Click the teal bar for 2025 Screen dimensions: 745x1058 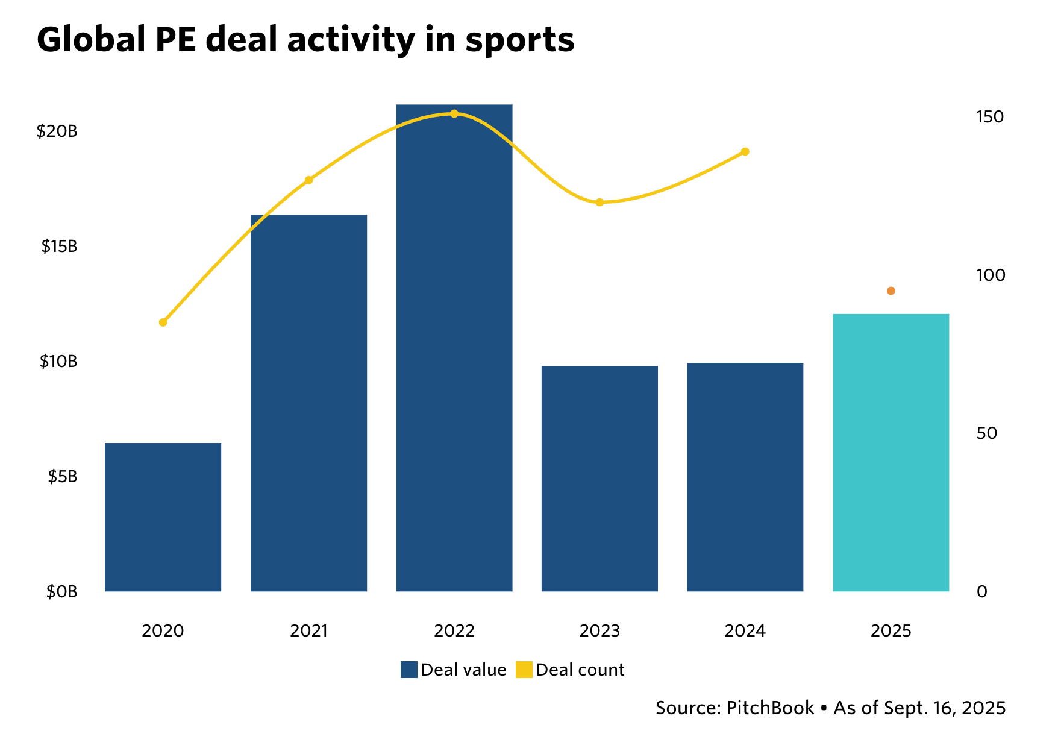891,452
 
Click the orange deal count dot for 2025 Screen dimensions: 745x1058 891,291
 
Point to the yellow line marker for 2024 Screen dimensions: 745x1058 745,151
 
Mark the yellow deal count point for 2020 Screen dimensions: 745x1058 163,322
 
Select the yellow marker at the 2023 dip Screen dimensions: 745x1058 599,202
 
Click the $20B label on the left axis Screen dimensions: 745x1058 57,131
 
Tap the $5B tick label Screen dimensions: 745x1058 63,477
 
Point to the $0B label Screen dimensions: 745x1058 62,592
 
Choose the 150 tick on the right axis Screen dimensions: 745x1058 989,116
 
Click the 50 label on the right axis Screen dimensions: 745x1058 986,433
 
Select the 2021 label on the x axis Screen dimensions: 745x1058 308,631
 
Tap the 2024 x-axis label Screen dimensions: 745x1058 745,631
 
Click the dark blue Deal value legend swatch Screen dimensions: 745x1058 409,670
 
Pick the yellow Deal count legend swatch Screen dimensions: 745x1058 524,670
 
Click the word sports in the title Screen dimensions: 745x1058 519,40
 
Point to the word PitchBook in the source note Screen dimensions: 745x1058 770,708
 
